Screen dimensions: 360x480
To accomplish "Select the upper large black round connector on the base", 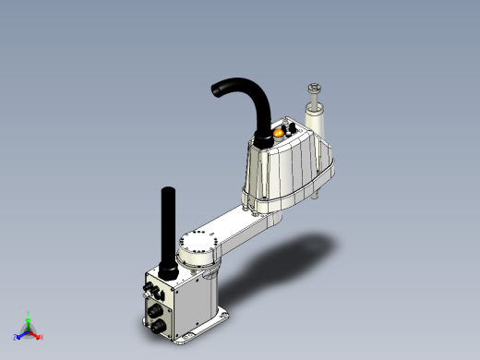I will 152,294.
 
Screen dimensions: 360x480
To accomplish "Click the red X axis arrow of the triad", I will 37,333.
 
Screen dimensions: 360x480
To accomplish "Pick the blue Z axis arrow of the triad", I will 19,334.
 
